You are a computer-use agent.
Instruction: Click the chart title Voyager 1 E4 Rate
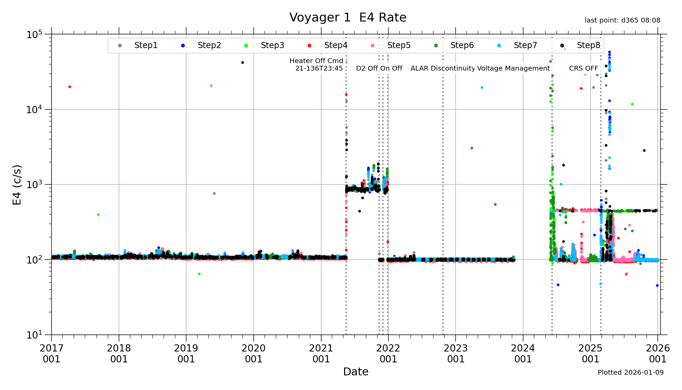[347, 17]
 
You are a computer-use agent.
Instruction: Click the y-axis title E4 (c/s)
[17, 185]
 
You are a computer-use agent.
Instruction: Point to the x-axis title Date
[356, 372]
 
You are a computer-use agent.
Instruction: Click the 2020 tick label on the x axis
[253, 354]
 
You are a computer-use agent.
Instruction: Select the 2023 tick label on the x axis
[456, 354]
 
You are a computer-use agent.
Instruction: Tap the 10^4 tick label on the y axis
[34, 109]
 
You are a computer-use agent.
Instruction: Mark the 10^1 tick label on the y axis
[34, 335]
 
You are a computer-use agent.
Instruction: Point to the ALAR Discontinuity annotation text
[443, 68]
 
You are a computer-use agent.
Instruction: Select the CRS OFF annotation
[583, 68]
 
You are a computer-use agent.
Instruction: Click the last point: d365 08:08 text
[622, 20]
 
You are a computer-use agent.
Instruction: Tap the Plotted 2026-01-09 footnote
[631, 372]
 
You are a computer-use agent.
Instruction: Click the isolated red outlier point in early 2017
[70, 87]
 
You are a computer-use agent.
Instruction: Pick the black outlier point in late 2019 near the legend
[242, 62]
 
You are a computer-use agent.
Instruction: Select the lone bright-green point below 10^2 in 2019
[199, 274]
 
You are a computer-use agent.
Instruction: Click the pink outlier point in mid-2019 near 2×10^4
[211, 86]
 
